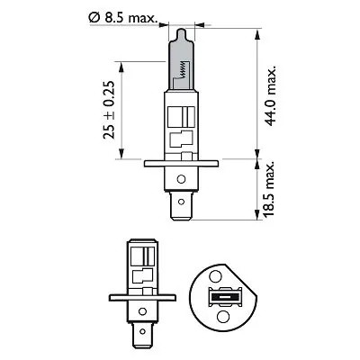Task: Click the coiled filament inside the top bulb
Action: pos(184,62)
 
